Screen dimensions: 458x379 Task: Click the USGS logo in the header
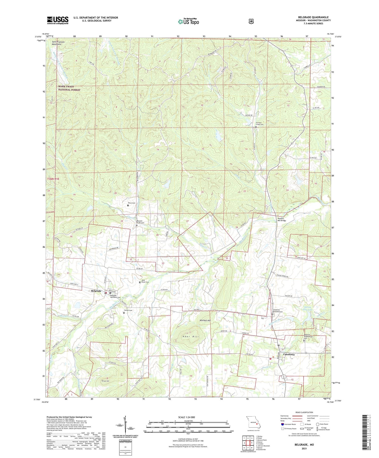click(58, 20)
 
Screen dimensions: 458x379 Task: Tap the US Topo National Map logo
click(188, 21)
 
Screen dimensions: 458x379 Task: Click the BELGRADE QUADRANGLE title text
click(313, 17)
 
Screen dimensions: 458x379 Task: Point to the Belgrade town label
click(96, 291)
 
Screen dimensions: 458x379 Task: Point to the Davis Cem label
click(131, 203)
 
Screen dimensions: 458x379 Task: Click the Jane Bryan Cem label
click(145, 281)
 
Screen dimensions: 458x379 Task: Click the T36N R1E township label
click(53, 179)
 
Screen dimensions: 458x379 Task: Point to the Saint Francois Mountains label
click(58, 43)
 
